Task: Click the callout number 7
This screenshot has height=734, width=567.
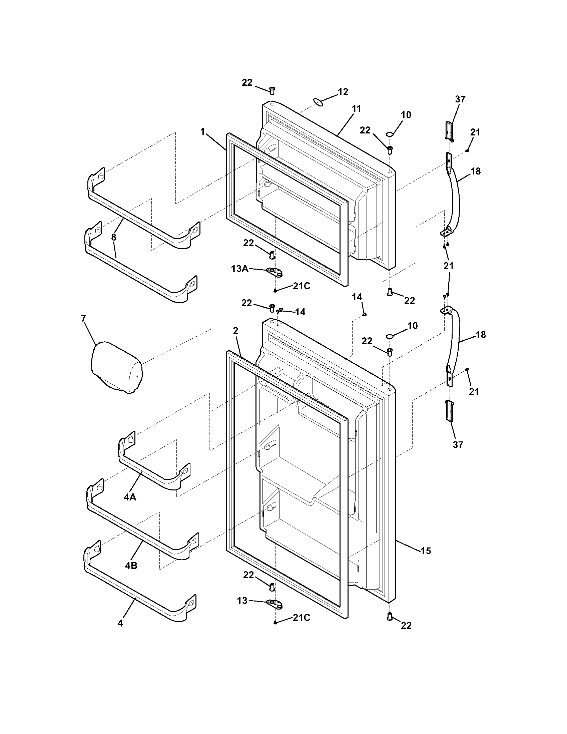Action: coord(83,318)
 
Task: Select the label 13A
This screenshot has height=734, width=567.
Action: coord(239,268)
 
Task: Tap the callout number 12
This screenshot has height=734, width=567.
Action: coord(343,92)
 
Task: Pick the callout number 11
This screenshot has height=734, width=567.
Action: coord(357,108)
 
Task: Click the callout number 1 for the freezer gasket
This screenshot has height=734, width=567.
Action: coord(202,132)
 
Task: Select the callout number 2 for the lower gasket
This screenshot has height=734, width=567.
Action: coord(235,331)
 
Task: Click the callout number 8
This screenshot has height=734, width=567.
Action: coord(113,237)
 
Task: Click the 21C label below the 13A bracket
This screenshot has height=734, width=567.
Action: coord(301,286)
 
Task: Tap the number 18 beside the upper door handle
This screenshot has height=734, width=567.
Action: coord(476,171)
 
